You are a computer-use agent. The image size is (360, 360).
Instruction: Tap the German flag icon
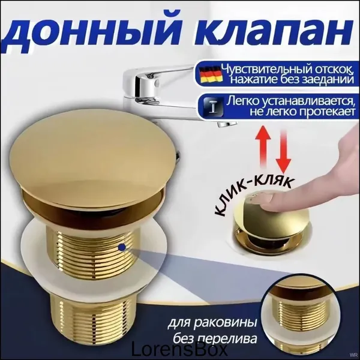(x=211, y=74)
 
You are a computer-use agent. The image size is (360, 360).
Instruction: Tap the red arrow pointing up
(x=264, y=147)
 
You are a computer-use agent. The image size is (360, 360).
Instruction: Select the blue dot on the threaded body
(x=122, y=247)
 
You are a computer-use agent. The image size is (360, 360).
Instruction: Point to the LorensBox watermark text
(x=178, y=350)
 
